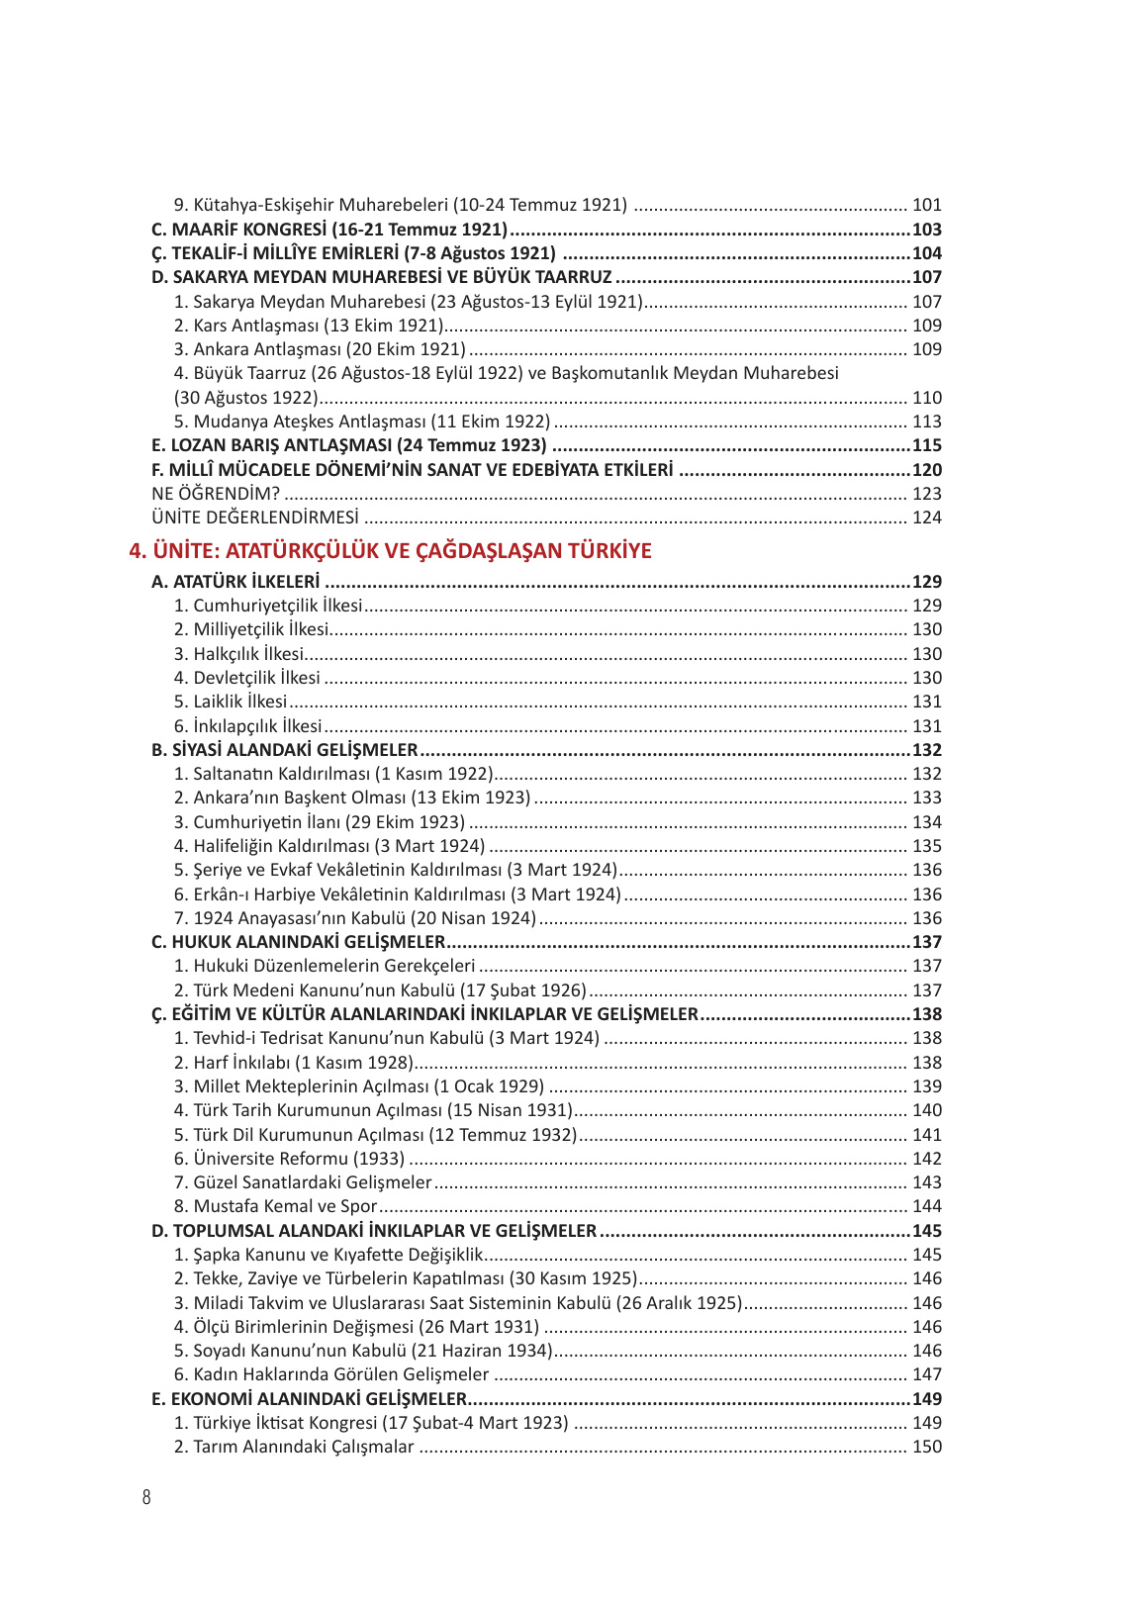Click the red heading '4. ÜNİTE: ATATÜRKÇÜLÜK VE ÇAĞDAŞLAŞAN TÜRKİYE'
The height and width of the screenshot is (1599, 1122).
point(390,551)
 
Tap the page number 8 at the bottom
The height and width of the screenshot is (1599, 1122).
point(146,1497)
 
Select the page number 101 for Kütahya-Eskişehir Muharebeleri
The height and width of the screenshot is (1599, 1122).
point(926,206)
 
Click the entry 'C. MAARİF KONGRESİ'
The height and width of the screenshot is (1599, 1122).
point(328,230)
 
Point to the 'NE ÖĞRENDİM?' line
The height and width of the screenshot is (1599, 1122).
point(216,494)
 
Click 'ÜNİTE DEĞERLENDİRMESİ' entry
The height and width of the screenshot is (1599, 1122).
point(255,517)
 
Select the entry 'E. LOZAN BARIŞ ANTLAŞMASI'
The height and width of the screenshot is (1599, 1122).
point(348,445)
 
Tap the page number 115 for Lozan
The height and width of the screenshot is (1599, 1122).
point(926,445)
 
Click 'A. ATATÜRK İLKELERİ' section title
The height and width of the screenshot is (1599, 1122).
point(235,582)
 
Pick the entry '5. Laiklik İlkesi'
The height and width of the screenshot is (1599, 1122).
point(231,702)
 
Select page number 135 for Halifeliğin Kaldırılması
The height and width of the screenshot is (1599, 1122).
point(926,846)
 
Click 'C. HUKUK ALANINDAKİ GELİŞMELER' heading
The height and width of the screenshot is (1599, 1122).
point(298,942)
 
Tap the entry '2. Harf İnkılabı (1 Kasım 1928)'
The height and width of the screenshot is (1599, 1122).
point(293,1063)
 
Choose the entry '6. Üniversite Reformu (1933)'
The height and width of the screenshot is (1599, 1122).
point(289,1159)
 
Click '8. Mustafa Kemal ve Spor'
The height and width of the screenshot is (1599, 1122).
point(275,1206)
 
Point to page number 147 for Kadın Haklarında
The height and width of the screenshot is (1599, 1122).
point(926,1374)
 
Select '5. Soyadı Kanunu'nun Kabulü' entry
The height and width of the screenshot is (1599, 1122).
point(362,1351)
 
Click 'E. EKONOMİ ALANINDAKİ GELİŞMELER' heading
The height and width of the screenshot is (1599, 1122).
point(309,1399)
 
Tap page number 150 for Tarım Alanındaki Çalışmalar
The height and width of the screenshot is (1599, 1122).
point(926,1447)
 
